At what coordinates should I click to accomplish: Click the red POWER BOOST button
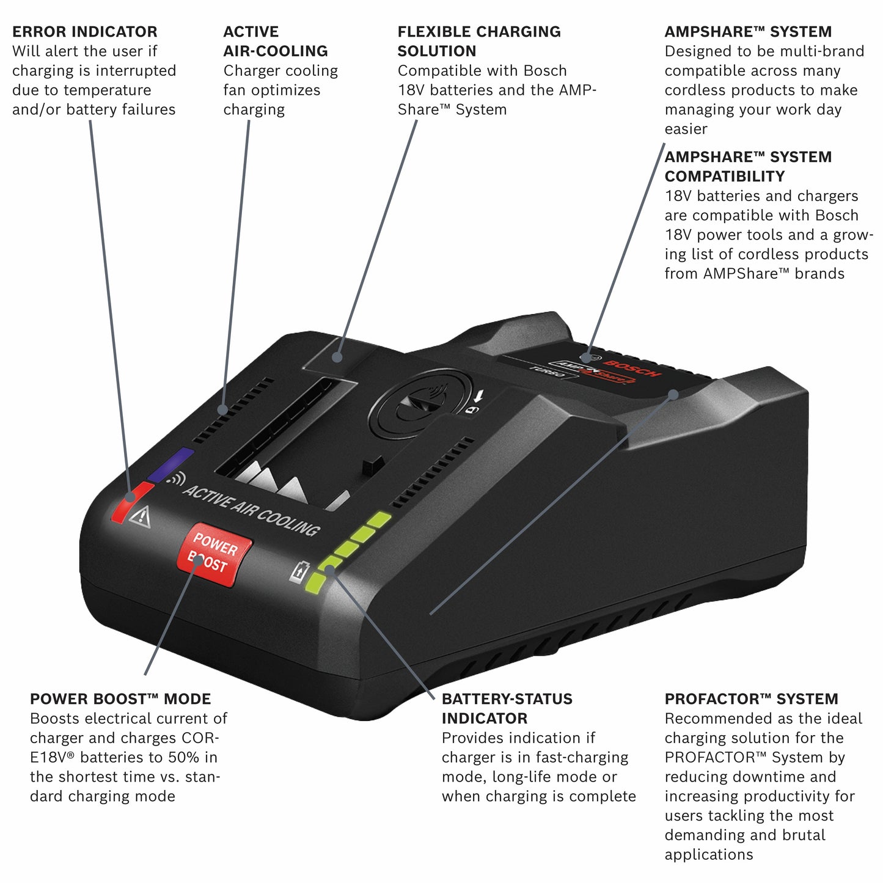213,554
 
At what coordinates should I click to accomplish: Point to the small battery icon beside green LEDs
299,571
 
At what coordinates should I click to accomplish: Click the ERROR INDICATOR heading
84,32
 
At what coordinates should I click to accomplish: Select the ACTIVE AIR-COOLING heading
275,42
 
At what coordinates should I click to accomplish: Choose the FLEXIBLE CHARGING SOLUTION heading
478,42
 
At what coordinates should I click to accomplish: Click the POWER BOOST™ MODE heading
120,699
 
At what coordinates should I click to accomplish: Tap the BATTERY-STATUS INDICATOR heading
507,709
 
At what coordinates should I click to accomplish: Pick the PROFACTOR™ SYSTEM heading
751,699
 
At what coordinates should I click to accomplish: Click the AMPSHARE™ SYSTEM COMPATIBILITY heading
747,167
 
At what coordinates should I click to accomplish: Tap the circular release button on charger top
422,405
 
